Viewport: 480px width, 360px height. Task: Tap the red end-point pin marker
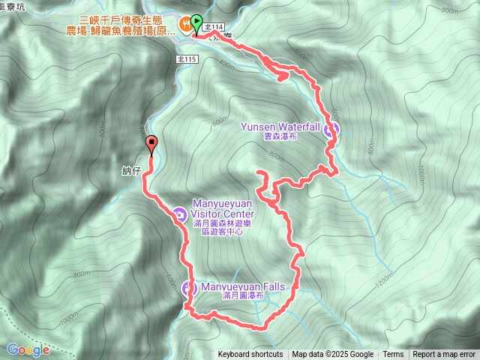coord(151,143)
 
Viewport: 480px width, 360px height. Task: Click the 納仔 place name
coord(131,171)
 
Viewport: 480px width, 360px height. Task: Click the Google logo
coord(28,349)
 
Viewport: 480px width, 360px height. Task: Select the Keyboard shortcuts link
coord(250,355)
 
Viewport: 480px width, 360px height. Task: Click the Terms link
coord(393,355)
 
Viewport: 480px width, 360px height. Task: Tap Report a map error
coord(444,355)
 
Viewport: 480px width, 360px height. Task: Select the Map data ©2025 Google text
coord(332,355)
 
